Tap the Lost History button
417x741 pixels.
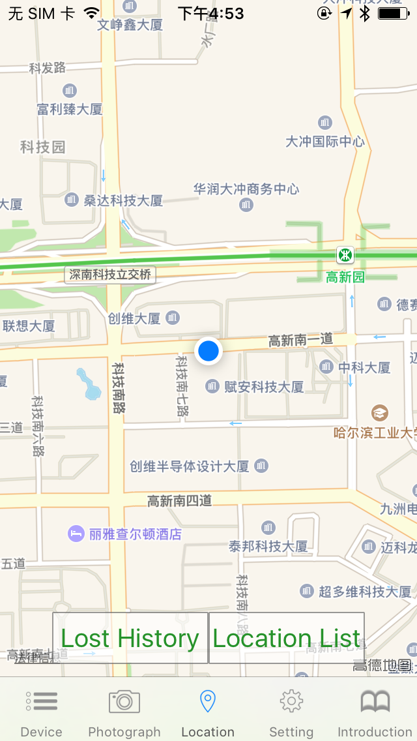point(130,638)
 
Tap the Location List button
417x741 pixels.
point(286,638)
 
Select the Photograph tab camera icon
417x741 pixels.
point(124,702)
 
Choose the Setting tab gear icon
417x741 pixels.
point(291,702)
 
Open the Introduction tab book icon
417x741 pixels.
point(375,702)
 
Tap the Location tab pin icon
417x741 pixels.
point(208,702)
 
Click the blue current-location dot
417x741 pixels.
point(208,351)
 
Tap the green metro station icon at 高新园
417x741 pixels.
point(345,254)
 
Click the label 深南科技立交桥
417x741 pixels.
point(111,275)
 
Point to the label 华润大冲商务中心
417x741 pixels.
point(246,189)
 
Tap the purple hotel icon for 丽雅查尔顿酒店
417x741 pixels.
point(76,534)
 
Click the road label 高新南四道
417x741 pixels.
point(180,501)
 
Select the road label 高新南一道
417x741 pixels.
point(301,340)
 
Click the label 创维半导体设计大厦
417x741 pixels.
point(190,466)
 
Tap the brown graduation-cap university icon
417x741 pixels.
point(379,412)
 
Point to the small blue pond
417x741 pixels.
point(89,384)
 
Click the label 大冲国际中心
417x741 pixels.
point(325,142)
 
